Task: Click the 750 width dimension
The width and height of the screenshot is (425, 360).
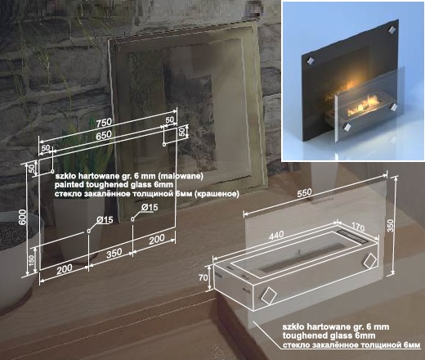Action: (104, 122)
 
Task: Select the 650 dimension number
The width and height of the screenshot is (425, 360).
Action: (104, 135)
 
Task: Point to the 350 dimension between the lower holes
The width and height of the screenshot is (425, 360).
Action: (114, 254)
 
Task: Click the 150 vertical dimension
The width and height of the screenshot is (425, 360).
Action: (32, 261)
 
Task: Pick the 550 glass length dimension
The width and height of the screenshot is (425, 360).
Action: (304, 193)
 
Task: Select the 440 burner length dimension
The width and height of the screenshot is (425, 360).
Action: (276, 236)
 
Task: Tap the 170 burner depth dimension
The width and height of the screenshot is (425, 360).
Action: (358, 227)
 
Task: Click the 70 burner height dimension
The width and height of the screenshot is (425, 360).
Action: (204, 277)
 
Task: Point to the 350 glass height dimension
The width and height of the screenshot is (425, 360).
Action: (391, 226)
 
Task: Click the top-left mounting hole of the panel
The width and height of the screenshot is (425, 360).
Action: (52, 172)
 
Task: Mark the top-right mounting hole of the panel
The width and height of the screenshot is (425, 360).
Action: (164, 144)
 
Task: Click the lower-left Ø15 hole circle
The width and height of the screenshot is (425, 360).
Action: (88, 232)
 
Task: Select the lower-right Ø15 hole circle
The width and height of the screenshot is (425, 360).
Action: (132, 218)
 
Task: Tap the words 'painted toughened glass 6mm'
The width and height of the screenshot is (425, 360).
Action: (114, 185)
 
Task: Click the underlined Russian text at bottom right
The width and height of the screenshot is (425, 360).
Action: (351, 345)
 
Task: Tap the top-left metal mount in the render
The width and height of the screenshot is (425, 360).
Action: (310, 61)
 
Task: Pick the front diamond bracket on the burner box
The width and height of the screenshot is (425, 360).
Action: (269, 296)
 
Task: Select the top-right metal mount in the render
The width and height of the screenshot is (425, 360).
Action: (391, 30)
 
